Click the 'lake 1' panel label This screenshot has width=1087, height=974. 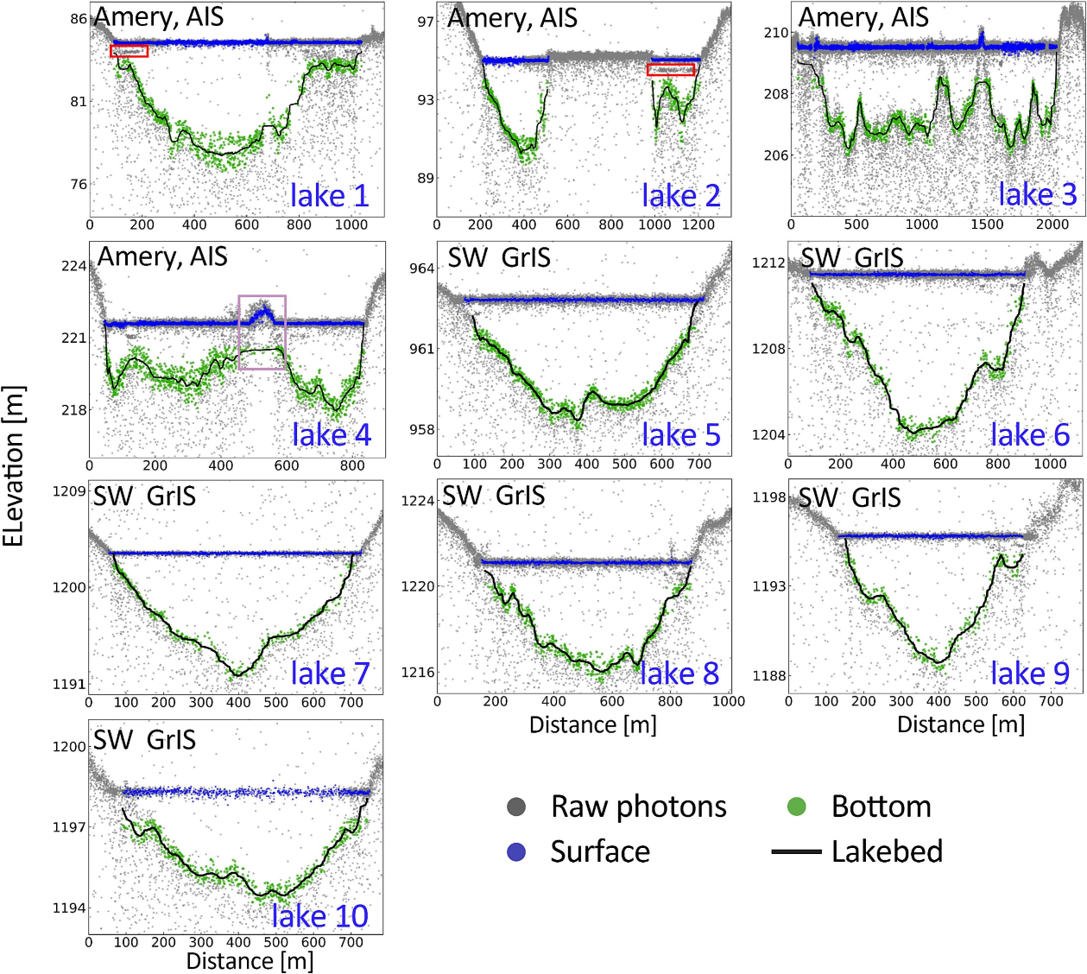coord(329,196)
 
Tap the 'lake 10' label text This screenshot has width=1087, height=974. coord(319,915)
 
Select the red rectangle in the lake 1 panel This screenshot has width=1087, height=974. coord(130,51)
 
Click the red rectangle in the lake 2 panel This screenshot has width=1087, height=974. coord(671,69)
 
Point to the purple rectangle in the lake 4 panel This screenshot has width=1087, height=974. coord(262,332)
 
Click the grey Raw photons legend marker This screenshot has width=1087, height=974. coord(516,806)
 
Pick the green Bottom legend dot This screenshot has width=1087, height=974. coord(796,806)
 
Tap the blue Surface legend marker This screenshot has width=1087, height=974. coord(516,852)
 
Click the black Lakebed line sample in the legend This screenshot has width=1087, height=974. coord(796,852)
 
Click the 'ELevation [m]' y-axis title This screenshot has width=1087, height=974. coord(14,466)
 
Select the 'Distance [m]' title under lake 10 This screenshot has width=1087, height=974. coord(250,961)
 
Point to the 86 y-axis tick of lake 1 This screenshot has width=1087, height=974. coord(79,19)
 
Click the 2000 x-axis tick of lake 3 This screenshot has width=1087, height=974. coord(1052,225)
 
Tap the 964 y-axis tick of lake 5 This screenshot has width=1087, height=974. coord(421,269)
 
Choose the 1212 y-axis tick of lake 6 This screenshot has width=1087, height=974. coord(768,262)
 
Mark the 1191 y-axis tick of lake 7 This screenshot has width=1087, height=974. coord(70,685)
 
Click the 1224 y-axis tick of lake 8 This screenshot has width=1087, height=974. coord(418,501)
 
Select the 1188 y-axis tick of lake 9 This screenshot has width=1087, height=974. coord(769,675)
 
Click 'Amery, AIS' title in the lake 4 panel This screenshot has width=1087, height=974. coord(162,256)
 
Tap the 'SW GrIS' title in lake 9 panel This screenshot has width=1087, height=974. coord(850,497)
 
